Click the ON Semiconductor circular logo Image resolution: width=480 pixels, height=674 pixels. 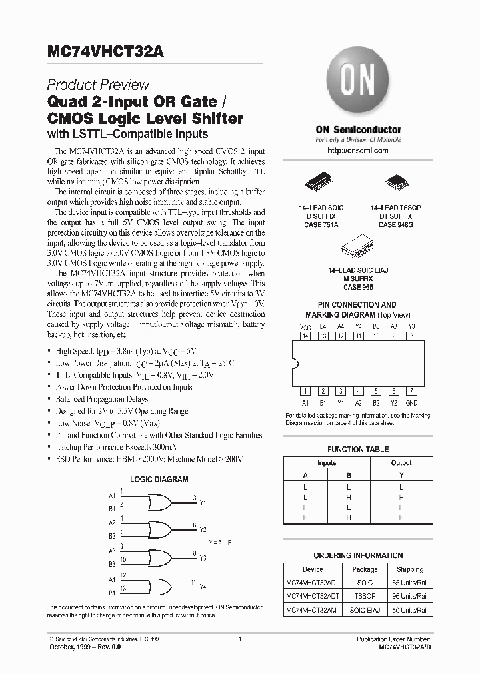click(x=358, y=88)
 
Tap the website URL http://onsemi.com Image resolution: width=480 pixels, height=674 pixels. click(x=358, y=151)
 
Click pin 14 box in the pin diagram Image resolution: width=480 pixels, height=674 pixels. click(x=306, y=336)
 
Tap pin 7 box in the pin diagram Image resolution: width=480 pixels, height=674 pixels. click(x=411, y=392)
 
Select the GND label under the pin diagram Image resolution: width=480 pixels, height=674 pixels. click(x=411, y=403)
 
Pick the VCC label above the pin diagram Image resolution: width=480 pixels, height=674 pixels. click(x=306, y=326)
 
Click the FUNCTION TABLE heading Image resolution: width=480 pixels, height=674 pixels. click(x=358, y=450)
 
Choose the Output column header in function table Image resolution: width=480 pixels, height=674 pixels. click(x=401, y=463)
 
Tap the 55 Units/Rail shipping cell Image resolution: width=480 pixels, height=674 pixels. click(x=409, y=582)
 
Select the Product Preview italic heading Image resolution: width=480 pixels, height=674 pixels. click(x=98, y=85)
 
